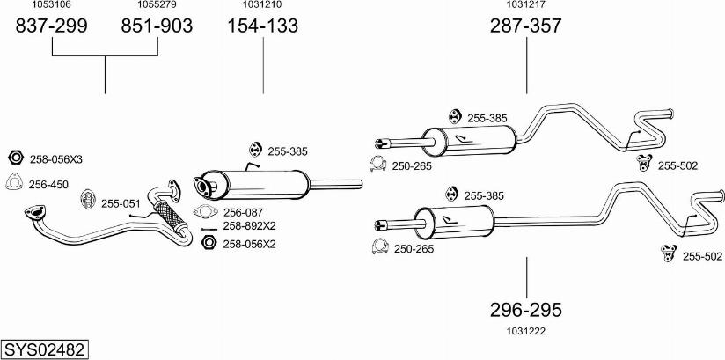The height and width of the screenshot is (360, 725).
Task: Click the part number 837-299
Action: (52, 26)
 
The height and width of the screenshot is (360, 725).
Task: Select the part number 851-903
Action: (157, 26)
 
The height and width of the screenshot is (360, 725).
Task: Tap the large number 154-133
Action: (263, 26)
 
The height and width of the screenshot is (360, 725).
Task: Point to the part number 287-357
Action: (526, 26)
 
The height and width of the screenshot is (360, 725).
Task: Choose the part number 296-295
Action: (526, 310)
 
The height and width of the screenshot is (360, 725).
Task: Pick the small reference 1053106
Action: (51, 5)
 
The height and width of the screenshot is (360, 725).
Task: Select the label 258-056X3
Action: (56, 159)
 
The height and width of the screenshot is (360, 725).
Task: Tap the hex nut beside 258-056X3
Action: (15, 158)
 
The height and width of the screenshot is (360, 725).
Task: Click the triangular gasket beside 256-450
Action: (15, 183)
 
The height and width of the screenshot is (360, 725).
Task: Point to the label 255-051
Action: (121, 203)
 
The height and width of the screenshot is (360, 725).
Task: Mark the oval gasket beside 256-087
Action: (205, 211)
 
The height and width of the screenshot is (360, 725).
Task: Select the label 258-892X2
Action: (249, 226)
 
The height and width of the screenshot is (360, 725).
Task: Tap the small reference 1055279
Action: (157, 5)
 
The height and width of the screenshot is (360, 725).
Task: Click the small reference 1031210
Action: (263, 5)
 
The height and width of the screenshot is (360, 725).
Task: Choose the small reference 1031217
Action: (526, 5)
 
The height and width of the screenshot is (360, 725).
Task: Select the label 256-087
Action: (244, 212)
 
